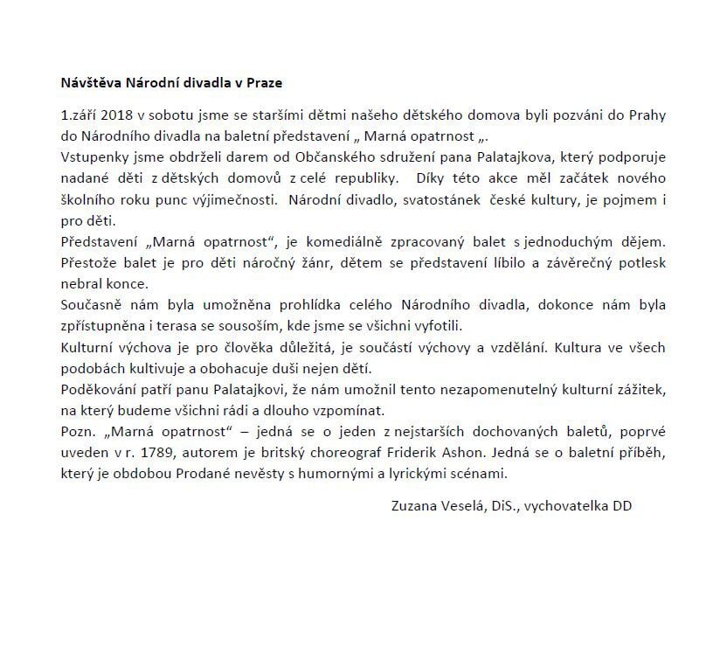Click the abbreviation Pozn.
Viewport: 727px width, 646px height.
[x=76, y=433]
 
